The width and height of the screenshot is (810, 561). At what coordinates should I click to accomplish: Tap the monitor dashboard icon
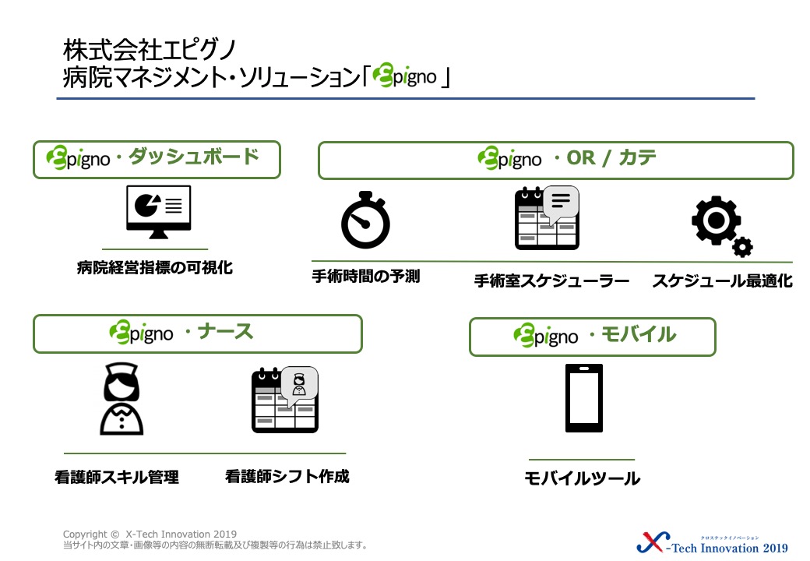pyautogui.click(x=159, y=212)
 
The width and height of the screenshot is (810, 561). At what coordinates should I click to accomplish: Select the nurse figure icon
pyautogui.click(x=121, y=398)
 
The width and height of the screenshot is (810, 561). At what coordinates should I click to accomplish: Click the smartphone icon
pyautogui.click(x=583, y=398)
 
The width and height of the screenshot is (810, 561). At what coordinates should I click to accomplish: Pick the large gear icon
pyautogui.click(x=716, y=220)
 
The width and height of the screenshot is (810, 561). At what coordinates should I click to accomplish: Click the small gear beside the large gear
pyautogui.click(x=742, y=247)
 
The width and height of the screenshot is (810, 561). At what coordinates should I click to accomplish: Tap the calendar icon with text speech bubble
pyautogui.click(x=547, y=217)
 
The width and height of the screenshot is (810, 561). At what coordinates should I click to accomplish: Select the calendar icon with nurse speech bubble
pyautogui.click(x=284, y=400)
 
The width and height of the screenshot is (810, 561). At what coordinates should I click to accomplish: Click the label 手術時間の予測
pyautogui.click(x=366, y=277)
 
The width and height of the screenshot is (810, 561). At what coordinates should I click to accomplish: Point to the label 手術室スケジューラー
pyautogui.click(x=551, y=280)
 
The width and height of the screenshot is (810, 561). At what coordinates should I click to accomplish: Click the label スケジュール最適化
pyautogui.click(x=722, y=280)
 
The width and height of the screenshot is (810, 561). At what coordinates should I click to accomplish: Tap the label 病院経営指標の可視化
pyautogui.click(x=155, y=267)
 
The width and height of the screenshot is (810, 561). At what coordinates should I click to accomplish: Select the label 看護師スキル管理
pyautogui.click(x=117, y=477)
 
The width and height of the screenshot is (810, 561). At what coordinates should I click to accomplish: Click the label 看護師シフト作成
pyautogui.click(x=287, y=476)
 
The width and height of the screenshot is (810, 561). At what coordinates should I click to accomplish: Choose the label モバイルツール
pyautogui.click(x=583, y=478)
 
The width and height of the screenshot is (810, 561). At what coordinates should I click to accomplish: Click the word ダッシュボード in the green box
pyautogui.click(x=194, y=157)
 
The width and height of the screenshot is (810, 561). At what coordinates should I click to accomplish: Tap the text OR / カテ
pyautogui.click(x=611, y=157)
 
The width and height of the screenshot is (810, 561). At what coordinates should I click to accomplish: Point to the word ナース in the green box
pyautogui.click(x=226, y=331)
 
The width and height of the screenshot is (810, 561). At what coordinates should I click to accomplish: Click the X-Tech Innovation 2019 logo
pyautogui.click(x=713, y=543)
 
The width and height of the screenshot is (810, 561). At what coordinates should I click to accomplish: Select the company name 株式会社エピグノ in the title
pyautogui.click(x=150, y=50)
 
